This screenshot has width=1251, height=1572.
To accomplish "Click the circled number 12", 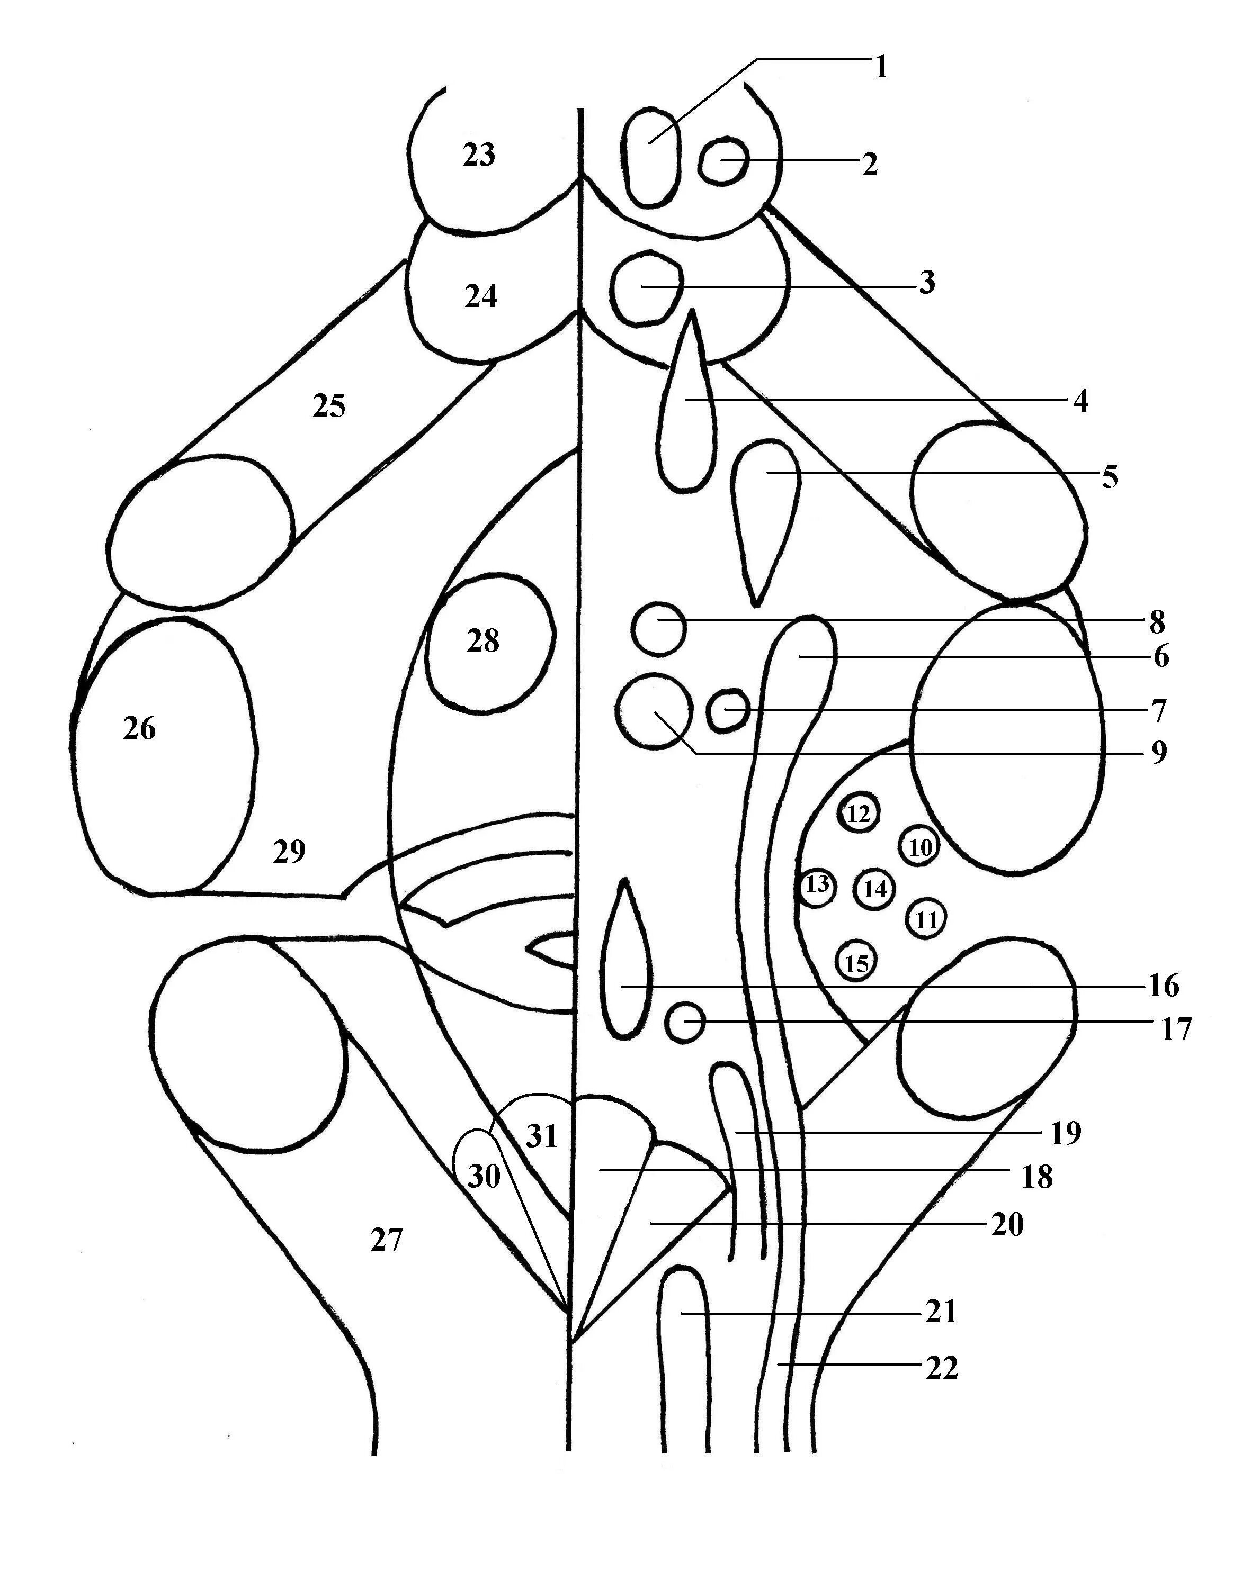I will [x=859, y=813].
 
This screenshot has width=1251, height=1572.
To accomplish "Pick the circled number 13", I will [x=817, y=885].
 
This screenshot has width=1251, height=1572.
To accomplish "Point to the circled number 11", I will [x=926, y=920].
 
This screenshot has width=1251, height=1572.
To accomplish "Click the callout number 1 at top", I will [x=882, y=67].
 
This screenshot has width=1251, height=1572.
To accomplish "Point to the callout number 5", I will [x=1110, y=477].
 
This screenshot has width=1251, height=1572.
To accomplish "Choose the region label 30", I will [x=484, y=1176].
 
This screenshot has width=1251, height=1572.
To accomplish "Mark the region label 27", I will [x=387, y=1240].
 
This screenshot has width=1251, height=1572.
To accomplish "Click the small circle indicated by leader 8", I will [x=658, y=628].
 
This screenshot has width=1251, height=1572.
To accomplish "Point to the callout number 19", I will [x=1065, y=1133].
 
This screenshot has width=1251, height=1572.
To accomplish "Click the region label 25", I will [x=329, y=406].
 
